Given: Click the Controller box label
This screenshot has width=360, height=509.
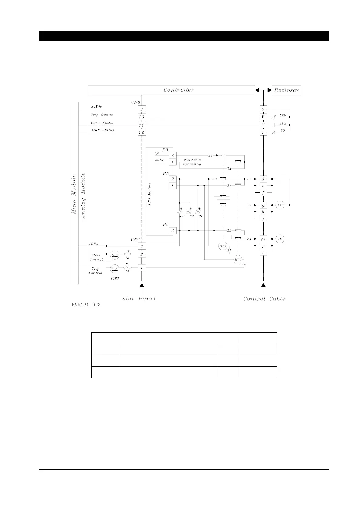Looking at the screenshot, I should pos(178,90).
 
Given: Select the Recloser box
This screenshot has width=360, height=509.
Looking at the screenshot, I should pos(286,90).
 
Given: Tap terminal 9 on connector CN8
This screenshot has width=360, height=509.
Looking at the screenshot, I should pos(142,109).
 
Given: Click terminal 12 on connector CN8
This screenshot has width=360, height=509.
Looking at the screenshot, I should pos(142,132).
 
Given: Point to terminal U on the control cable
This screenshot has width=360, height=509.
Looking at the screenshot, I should pos(263,109).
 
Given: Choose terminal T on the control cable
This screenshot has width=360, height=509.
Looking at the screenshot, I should pos(263,132).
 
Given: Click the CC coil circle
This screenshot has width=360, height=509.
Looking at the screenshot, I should pos(280,205).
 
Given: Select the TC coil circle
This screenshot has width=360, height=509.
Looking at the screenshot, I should pos(280,239).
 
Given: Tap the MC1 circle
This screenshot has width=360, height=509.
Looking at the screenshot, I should pos(223,246).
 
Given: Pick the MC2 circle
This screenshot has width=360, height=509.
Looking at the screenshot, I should pos(238,260).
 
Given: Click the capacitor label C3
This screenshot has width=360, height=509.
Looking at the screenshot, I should pos(182,216).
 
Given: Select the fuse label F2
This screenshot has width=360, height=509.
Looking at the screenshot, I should pos(127,251).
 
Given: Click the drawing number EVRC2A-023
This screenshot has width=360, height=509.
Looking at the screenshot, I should pos(86,305).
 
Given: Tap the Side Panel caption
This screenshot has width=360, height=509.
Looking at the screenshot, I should pos(139,299).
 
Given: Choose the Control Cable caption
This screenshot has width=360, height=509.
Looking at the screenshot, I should pos(264,299).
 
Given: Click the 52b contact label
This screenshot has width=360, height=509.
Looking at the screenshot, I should pos(283,116).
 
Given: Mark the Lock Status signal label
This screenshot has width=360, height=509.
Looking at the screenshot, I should pos(103,130).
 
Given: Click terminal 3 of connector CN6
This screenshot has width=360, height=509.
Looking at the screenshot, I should pos(142,246).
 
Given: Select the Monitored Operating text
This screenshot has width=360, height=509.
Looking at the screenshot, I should pos(192,162).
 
